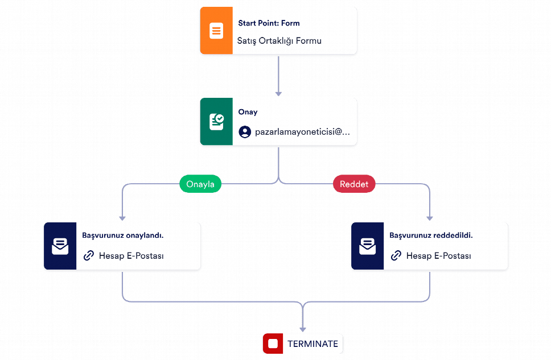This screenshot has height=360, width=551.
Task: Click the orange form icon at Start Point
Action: [216, 31]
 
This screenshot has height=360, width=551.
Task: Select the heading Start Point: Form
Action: [269, 23]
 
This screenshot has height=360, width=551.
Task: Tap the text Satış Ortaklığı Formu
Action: [279, 41]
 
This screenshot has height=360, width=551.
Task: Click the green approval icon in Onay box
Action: [216, 122]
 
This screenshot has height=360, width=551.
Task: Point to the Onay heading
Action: [248, 112]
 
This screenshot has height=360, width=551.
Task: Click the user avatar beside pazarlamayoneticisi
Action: [245, 132]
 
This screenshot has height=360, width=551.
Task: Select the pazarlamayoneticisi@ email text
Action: [303, 132]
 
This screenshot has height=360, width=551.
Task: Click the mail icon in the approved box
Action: [60, 246]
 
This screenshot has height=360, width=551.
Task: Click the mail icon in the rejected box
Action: [368, 246]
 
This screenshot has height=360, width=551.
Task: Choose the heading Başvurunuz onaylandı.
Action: [122, 235]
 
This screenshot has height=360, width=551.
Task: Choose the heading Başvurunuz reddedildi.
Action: [431, 235]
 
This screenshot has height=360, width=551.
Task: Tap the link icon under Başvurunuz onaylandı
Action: [89, 256]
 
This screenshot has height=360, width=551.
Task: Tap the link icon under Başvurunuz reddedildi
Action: [396, 256]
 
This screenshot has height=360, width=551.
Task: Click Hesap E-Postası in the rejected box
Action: [438, 256]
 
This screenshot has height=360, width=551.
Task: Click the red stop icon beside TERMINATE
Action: [273, 344]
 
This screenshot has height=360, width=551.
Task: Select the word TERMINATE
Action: [312, 344]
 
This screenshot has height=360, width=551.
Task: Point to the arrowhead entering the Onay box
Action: [278, 94]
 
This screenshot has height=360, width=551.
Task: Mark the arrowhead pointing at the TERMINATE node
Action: [303, 329]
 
